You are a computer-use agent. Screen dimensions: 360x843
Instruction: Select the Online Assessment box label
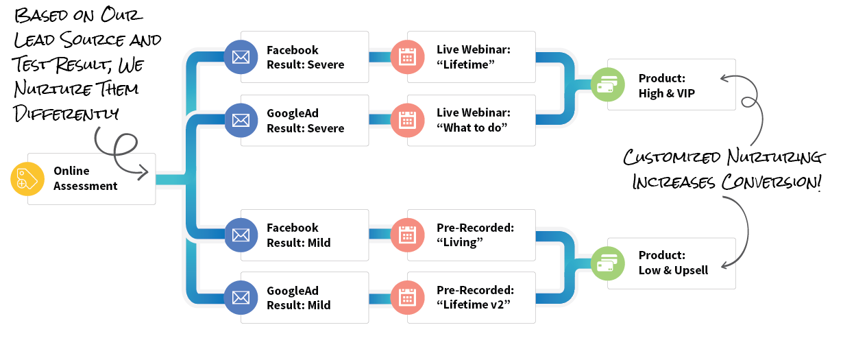click(x=85, y=178)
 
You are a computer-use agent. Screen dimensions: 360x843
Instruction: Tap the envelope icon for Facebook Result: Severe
click(x=241, y=57)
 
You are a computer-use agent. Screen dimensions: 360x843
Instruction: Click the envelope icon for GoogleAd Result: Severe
click(x=241, y=121)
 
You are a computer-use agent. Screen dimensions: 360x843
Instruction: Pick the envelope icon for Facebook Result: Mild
click(x=241, y=235)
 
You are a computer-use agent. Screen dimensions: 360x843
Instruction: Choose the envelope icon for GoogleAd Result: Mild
click(x=241, y=298)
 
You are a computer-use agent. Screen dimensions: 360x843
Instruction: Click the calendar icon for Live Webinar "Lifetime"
click(x=408, y=57)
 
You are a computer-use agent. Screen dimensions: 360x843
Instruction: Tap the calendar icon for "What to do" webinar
click(x=408, y=121)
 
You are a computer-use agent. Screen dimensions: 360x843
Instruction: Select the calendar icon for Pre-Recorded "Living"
click(x=408, y=235)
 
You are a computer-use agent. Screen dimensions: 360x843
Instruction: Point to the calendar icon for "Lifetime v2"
click(x=408, y=298)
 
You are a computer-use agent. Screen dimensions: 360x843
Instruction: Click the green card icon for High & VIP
click(x=607, y=85)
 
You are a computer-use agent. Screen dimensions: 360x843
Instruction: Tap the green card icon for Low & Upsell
click(x=607, y=263)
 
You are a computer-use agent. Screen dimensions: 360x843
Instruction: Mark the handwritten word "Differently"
click(x=65, y=112)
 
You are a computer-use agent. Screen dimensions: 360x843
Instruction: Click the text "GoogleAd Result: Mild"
click(x=299, y=298)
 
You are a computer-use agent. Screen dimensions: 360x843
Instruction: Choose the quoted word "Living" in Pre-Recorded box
click(x=460, y=243)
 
